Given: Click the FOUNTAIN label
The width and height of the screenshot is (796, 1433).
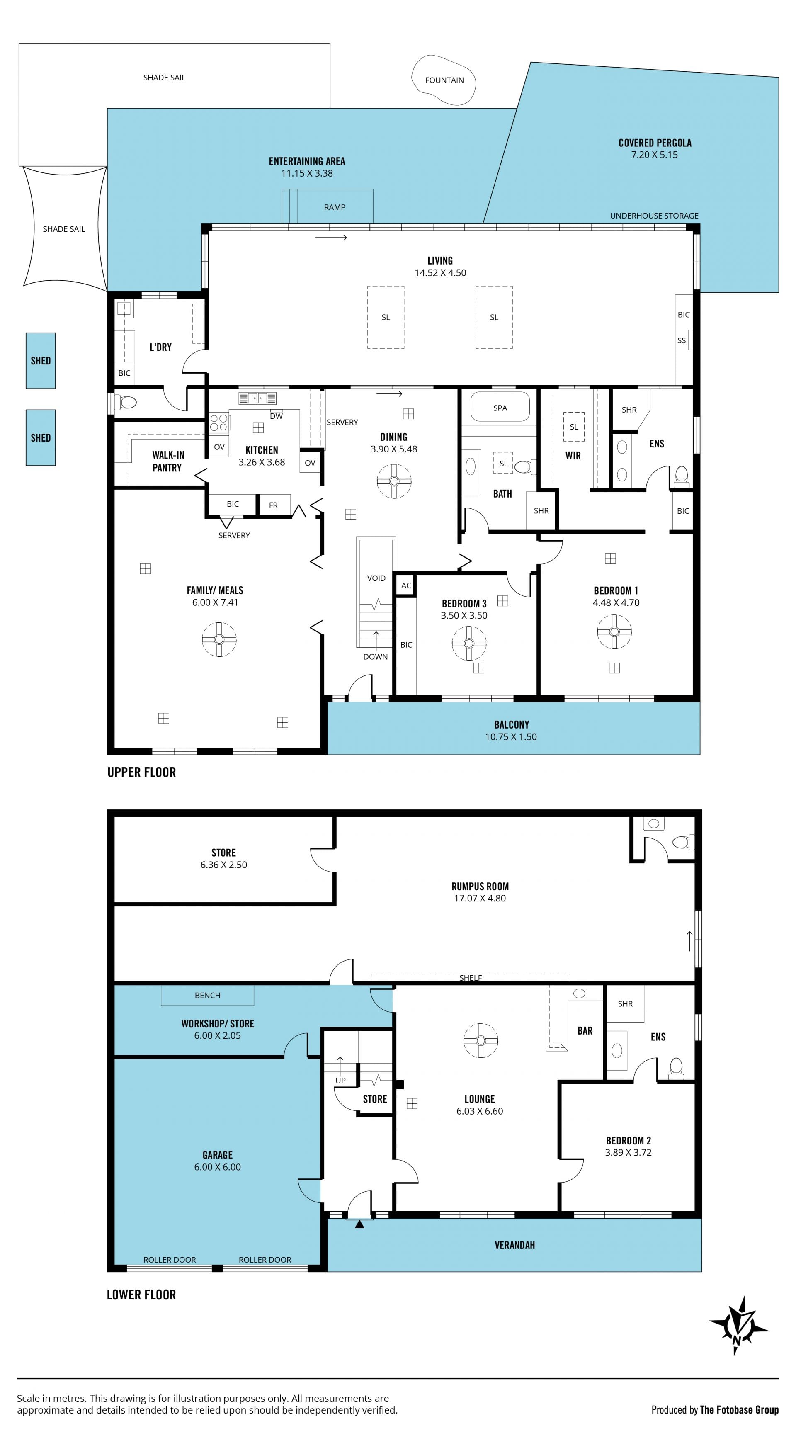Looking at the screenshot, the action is coord(444,80).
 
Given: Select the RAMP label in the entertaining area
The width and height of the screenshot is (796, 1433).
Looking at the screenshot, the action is coord(334,207).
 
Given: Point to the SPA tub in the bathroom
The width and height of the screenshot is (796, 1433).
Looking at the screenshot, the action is coord(500,408).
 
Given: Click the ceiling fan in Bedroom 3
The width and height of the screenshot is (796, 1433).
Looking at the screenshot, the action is coord(469,644).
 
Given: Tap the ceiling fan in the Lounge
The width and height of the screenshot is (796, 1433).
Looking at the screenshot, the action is coord(481,1040).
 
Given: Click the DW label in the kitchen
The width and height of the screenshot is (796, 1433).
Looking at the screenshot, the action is coord(276,416).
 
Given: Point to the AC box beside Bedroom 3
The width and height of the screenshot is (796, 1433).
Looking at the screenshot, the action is coord(406,585).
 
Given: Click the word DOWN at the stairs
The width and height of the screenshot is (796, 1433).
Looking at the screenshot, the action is coord(376,656).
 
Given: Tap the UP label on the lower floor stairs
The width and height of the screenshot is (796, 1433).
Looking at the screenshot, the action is coord(340,1080).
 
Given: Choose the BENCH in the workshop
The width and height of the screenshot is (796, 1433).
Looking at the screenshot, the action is coord(207,995).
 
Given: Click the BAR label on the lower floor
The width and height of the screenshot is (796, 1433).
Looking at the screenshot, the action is coord(585,1031).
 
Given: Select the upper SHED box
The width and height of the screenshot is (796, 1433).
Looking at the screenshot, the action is coord(41,360).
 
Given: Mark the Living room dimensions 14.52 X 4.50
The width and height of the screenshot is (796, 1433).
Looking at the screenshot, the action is coord(440,272).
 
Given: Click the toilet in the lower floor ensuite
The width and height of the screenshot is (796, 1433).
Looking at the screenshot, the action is coord(676,1068).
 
